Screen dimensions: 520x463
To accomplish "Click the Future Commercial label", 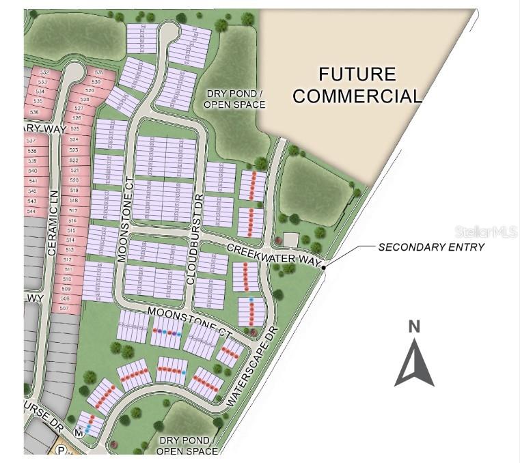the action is coord(357,85).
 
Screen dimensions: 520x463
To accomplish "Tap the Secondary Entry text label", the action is coord(431,247).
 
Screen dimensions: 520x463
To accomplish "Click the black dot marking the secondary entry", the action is coord(324,267).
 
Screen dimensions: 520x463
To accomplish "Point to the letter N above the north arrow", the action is coord(414,327).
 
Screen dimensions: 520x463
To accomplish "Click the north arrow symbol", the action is coord(414,362).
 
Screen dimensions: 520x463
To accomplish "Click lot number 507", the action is coord(65,308).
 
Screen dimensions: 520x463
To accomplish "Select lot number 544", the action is coord(31,211).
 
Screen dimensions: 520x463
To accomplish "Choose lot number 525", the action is coord(75,128).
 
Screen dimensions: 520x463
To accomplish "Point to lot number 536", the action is coord(34,111).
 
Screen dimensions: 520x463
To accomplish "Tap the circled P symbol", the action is coord(61,451).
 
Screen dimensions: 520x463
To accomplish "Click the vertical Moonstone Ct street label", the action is coord(124,219).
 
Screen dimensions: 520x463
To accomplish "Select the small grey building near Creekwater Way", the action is coord(291,239).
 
